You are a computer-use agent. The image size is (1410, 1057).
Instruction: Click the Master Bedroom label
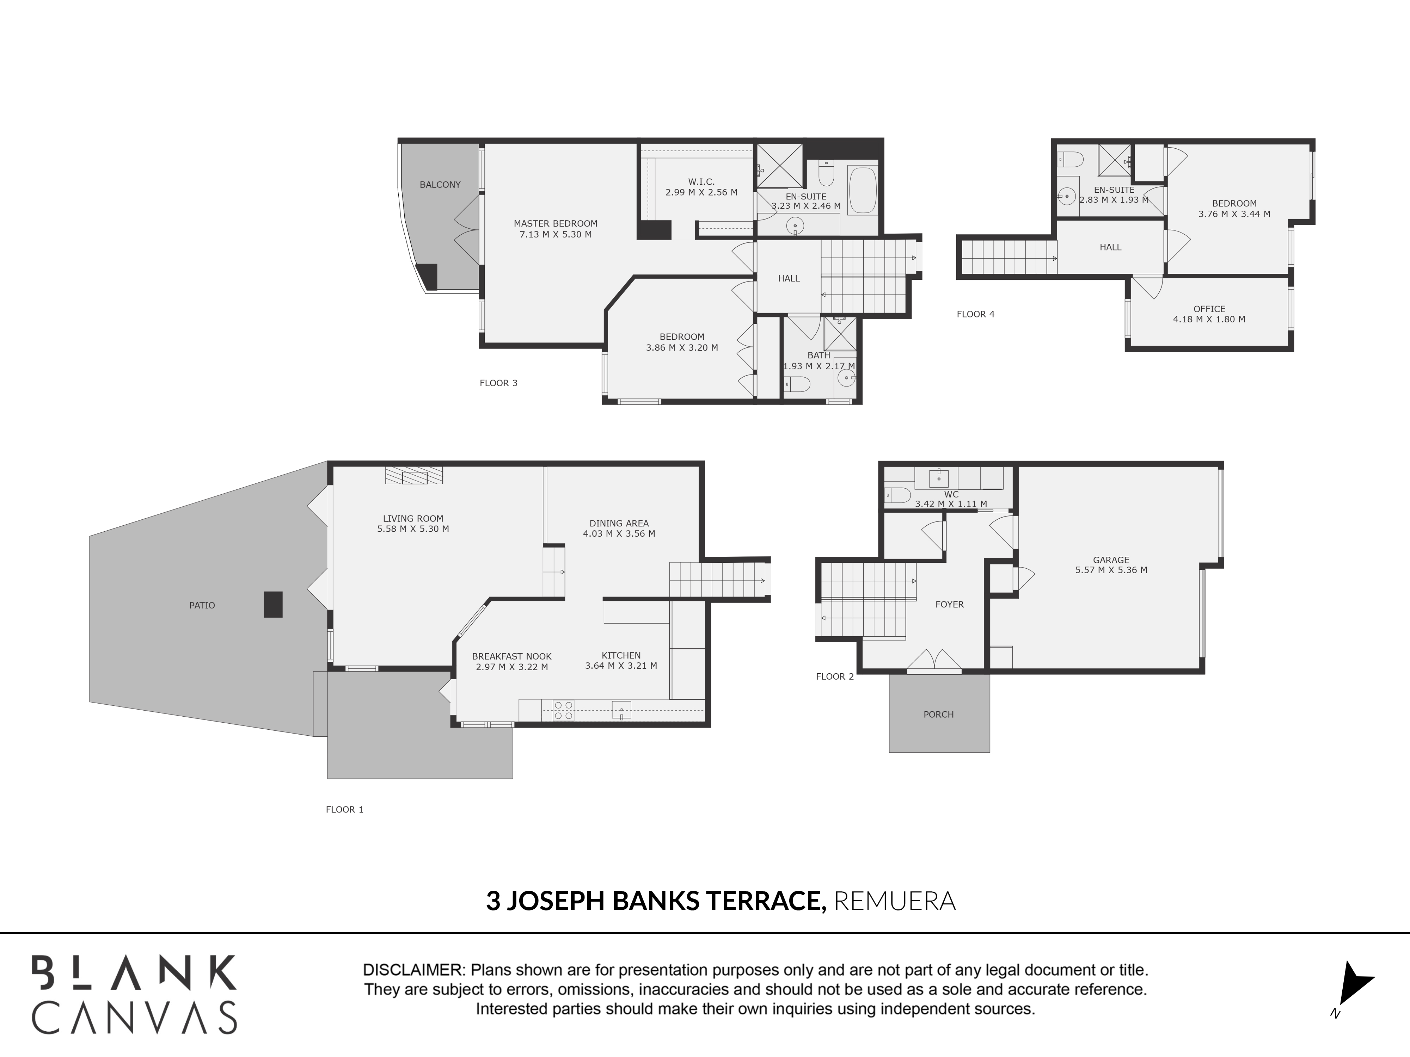pos(555,224)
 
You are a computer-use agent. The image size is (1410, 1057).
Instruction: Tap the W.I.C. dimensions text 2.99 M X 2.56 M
pos(701,192)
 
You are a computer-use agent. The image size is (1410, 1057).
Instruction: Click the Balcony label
pos(440,185)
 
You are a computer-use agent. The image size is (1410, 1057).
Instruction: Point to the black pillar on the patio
pos(273,604)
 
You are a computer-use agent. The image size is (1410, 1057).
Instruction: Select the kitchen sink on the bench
pos(621,710)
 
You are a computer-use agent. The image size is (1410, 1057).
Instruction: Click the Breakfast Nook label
pos(511,656)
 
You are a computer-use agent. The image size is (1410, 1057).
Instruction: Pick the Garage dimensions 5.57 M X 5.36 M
pos(1111,570)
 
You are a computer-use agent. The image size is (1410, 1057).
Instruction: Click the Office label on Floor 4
pos(1209,309)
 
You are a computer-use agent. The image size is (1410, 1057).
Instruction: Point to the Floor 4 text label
pos(975,314)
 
